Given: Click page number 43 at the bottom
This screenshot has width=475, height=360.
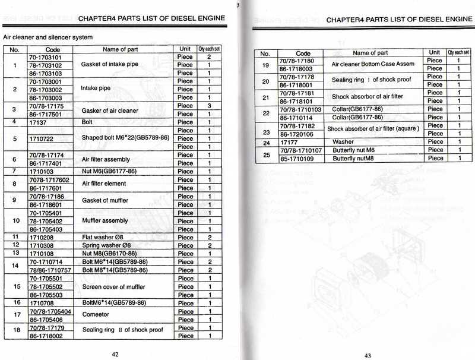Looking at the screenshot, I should click(x=368, y=355).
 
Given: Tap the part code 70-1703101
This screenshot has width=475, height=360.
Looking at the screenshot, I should click(x=45, y=57).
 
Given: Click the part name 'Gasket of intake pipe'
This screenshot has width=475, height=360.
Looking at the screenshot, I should click(x=109, y=64).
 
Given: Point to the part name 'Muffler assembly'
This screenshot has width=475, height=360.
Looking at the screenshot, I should click(x=104, y=220).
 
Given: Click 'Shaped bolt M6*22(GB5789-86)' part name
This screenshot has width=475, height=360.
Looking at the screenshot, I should click(x=125, y=138).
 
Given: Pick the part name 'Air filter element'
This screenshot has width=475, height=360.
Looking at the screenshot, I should click(x=104, y=184).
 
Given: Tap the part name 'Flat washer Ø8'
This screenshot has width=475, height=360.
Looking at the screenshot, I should click(x=102, y=237).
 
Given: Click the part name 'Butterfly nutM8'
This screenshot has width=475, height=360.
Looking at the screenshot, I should click(x=356, y=159).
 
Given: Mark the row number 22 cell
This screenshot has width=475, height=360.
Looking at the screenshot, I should click(x=265, y=113).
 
